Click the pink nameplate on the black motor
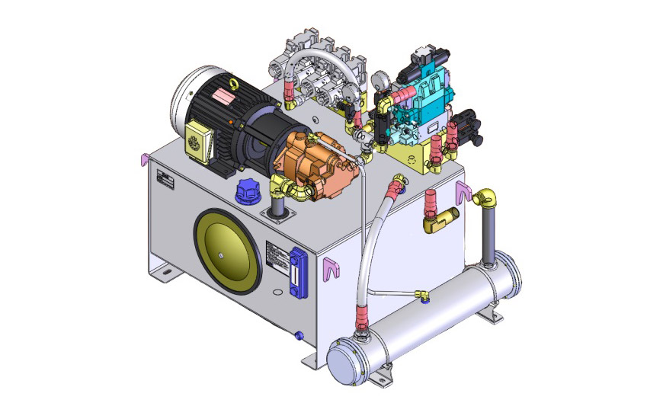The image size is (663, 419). [224, 98]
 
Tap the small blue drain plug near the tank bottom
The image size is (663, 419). [299, 336]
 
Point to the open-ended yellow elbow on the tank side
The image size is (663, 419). [437, 221]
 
